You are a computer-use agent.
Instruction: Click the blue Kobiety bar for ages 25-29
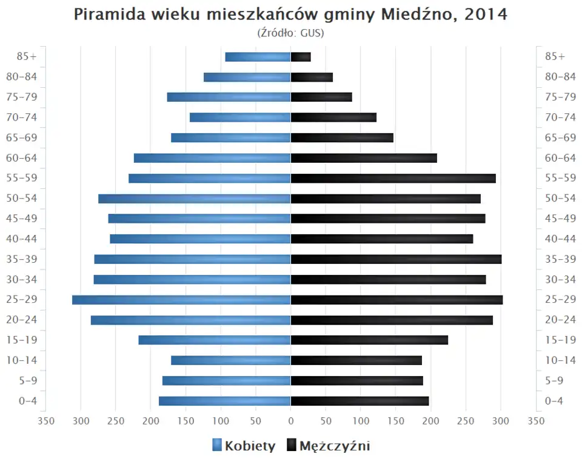[181, 300]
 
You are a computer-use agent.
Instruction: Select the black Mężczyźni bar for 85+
[301, 57]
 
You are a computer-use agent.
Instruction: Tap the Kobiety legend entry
[244, 446]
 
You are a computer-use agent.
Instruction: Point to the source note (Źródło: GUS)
[290, 33]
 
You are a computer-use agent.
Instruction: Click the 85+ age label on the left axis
[27, 57]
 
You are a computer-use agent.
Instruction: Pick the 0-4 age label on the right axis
[555, 401]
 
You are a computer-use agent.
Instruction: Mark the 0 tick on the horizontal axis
[290, 420]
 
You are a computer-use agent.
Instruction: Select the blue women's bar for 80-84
[247, 77]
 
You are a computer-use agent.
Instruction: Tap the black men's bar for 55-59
[393, 178]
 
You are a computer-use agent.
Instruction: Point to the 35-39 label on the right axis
[560, 259]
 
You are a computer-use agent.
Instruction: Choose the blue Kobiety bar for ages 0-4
[225, 401]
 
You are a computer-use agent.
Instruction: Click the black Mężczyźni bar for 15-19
[369, 340]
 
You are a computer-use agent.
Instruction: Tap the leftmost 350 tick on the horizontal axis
[46, 420]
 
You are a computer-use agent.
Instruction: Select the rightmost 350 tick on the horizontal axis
[535, 420]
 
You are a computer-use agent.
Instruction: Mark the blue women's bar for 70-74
[240, 117]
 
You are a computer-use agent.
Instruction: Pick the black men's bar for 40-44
[382, 239]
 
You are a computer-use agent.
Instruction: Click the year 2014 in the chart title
[486, 15]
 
